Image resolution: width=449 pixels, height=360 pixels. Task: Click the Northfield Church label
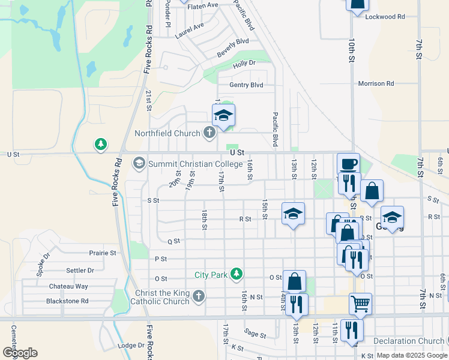pos(168,133)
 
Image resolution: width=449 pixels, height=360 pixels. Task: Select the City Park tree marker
pos(237,274)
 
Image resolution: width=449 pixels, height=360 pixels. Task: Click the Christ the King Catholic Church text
pos(162,297)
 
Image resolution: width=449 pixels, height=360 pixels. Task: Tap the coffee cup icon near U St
pos(348,164)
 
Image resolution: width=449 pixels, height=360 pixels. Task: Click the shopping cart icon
pos(360,303)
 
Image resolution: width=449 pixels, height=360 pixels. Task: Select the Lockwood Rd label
pos(385,17)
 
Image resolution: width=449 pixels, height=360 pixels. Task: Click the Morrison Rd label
pos(376,83)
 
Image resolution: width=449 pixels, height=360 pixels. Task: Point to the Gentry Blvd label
pos(246,85)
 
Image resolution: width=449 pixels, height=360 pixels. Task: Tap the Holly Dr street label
pos(244,63)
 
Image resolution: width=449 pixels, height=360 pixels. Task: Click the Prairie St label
pos(102,253)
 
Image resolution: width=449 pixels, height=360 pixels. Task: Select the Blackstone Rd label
pos(68,301)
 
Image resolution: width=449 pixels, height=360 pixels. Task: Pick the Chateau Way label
pos(69,287)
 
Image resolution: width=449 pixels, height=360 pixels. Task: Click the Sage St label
pos(255,334)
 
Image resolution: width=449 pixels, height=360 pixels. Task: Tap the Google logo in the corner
pos(20,352)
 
